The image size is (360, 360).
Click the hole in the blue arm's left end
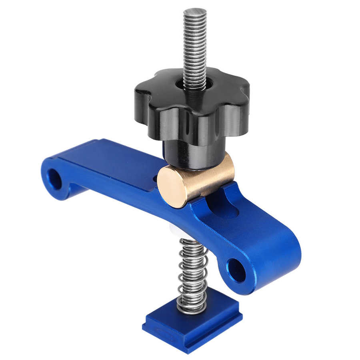pos(54,179)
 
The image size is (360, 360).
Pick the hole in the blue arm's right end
pos(236,271)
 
